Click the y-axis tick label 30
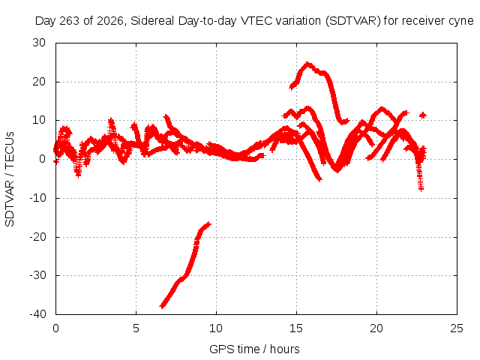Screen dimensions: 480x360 pos(39,43)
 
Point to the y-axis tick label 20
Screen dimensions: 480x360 pos(39,82)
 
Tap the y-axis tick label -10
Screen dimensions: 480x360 pos(37,198)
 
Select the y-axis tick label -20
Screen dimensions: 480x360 pos(37,237)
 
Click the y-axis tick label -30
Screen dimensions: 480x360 pos(37,275)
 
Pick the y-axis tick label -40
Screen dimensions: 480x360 pos(37,314)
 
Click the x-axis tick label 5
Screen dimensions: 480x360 pos(136,328)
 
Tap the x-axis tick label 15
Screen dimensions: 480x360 pos(296,328)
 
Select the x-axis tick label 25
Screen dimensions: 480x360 pos(457,328)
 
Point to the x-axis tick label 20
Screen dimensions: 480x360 pos(376,328)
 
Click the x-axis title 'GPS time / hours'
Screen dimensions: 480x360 pos(254,349)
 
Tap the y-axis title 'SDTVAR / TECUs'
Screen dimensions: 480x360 pos(10,179)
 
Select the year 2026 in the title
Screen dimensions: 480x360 pos(110,21)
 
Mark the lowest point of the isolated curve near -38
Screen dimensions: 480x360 pos(162,306)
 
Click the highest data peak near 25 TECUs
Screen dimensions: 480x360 pos(307,64)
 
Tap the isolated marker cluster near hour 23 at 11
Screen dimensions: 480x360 pos(423,115)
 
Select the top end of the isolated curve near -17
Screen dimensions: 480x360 pos(208,224)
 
